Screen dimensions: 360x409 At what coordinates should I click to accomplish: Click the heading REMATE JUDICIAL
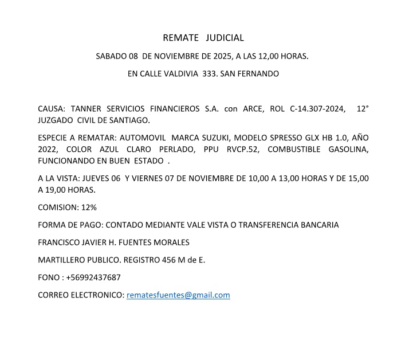(203, 38)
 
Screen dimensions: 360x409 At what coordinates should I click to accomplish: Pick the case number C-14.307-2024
(320, 109)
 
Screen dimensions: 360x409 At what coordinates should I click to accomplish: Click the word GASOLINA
(348, 149)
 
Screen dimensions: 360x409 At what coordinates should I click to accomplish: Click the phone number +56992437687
(93, 277)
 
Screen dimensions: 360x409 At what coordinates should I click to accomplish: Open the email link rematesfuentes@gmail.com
(178, 295)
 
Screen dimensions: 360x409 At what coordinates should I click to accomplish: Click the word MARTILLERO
(63, 260)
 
